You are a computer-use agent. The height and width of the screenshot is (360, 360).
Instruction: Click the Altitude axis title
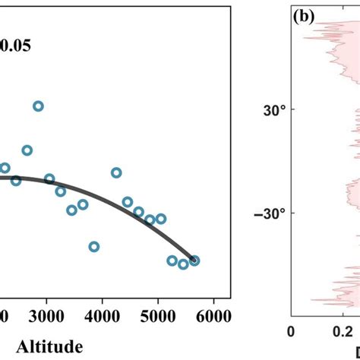tap(49, 348)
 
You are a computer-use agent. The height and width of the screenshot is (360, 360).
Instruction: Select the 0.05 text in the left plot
tap(16, 45)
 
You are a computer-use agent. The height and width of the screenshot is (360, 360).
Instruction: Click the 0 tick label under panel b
tap(289, 331)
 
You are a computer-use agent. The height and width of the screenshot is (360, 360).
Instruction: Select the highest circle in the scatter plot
tap(38, 106)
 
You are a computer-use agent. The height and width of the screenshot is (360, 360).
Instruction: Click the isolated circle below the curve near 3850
tap(94, 247)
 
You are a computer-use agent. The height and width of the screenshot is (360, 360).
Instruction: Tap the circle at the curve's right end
tap(194, 261)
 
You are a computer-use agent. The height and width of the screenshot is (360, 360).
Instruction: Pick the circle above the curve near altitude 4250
tap(116, 172)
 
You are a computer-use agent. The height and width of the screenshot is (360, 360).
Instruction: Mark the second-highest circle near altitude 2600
tap(27, 150)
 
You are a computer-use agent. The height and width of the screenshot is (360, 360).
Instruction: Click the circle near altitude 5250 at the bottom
tap(172, 261)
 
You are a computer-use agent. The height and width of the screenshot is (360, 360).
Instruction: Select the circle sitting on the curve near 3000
tap(49, 179)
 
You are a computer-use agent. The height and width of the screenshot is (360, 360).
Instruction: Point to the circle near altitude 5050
tap(161, 218)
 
